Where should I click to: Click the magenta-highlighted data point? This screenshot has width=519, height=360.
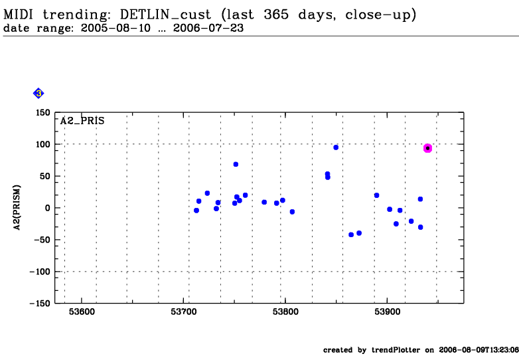427,148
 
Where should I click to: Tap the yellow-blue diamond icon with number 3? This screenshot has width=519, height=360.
38,93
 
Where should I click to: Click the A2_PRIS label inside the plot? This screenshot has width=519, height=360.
82,121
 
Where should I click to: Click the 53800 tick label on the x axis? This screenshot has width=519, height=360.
285,312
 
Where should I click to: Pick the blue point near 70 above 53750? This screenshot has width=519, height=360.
236,164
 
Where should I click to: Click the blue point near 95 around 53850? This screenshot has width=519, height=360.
336,147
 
